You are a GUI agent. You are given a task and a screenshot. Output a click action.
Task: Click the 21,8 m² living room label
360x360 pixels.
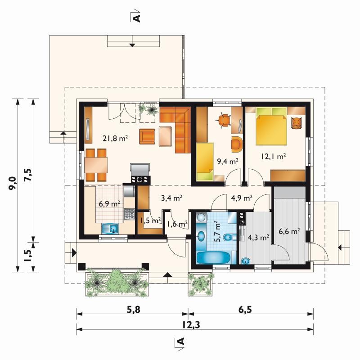pyautogui.click(x=115, y=138)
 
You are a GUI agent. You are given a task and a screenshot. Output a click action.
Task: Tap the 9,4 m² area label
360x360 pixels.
pyautogui.click(x=228, y=162)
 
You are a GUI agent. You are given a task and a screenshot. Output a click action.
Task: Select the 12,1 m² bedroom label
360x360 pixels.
pyautogui.click(x=273, y=156)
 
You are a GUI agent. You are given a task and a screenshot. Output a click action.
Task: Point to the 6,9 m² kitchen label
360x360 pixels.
pyautogui.click(x=109, y=203)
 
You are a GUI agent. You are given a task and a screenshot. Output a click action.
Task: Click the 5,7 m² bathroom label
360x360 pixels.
pyautogui.click(x=217, y=231)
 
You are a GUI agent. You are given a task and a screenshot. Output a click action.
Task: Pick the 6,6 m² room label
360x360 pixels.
pyautogui.click(x=289, y=231)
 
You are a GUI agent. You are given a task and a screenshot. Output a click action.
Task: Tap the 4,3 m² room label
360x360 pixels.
pyautogui.click(x=258, y=238)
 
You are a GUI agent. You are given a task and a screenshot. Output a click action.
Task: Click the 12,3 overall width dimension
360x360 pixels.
pyautogui.click(x=191, y=324)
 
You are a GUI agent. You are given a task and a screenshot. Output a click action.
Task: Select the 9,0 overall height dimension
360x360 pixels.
pyautogui.click(x=12, y=183)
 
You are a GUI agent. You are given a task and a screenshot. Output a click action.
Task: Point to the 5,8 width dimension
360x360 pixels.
pyautogui.click(x=133, y=310)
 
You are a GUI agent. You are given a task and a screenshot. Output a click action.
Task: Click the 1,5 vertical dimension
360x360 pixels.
pyautogui.click(x=28, y=255)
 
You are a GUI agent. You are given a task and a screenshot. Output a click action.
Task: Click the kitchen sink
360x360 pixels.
pyautogui.click(x=110, y=229)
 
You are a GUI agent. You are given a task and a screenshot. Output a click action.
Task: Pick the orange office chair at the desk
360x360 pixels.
pyautogui.click(x=223, y=120)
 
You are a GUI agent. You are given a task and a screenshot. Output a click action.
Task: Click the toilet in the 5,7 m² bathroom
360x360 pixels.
pyautogui.click(x=229, y=237)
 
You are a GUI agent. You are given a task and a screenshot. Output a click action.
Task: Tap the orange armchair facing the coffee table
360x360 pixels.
pyautogui.click(x=147, y=137)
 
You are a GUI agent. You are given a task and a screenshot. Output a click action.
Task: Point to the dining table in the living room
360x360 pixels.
pyautogui.click(x=96, y=165)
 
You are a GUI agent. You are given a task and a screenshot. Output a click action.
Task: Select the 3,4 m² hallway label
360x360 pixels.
pyautogui.click(x=172, y=198)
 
